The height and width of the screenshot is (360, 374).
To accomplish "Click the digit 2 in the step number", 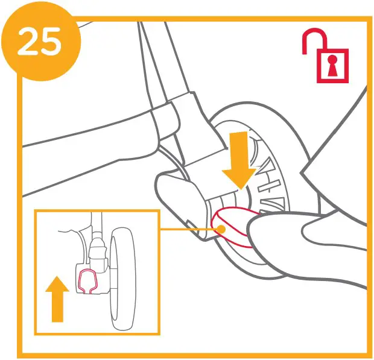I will (x=30, y=42).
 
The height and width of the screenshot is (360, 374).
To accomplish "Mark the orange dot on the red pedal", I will (x=223, y=229).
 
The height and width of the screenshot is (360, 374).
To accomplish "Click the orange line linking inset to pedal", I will (x=187, y=229).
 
